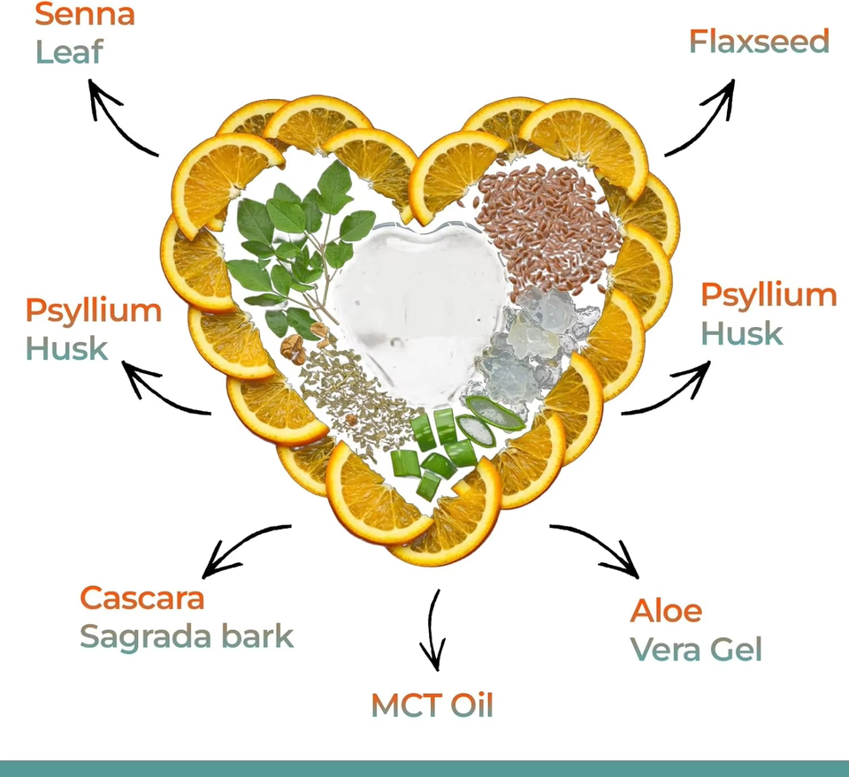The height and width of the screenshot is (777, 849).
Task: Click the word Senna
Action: (85, 14)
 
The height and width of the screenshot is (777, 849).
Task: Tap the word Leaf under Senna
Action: (69, 51)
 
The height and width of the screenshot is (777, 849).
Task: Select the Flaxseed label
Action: (759, 42)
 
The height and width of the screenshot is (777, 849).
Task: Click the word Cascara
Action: (142, 598)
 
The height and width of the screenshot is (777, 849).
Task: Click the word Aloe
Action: (666, 610)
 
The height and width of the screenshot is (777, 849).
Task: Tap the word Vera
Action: (664, 650)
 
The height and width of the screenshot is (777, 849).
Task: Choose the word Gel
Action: (735, 650)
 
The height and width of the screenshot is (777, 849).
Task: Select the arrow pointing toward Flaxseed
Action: (703, 115)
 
